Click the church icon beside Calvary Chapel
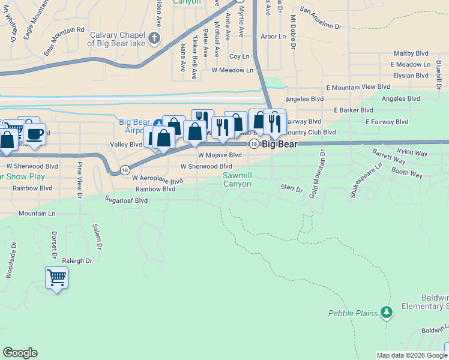pos(154,39)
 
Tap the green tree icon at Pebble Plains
pos(387,312)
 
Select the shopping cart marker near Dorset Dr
pos(56,277)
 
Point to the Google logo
pos(20,353)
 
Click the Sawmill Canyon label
pos(237,179)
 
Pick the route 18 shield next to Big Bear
pos(255,144)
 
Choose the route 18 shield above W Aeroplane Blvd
pos(124,170)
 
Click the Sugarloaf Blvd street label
pos(126,200)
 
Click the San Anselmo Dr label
pos(320,26)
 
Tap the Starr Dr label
pos(292,188)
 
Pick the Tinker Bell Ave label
pos(194,58)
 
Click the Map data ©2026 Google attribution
pos(411,355)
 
